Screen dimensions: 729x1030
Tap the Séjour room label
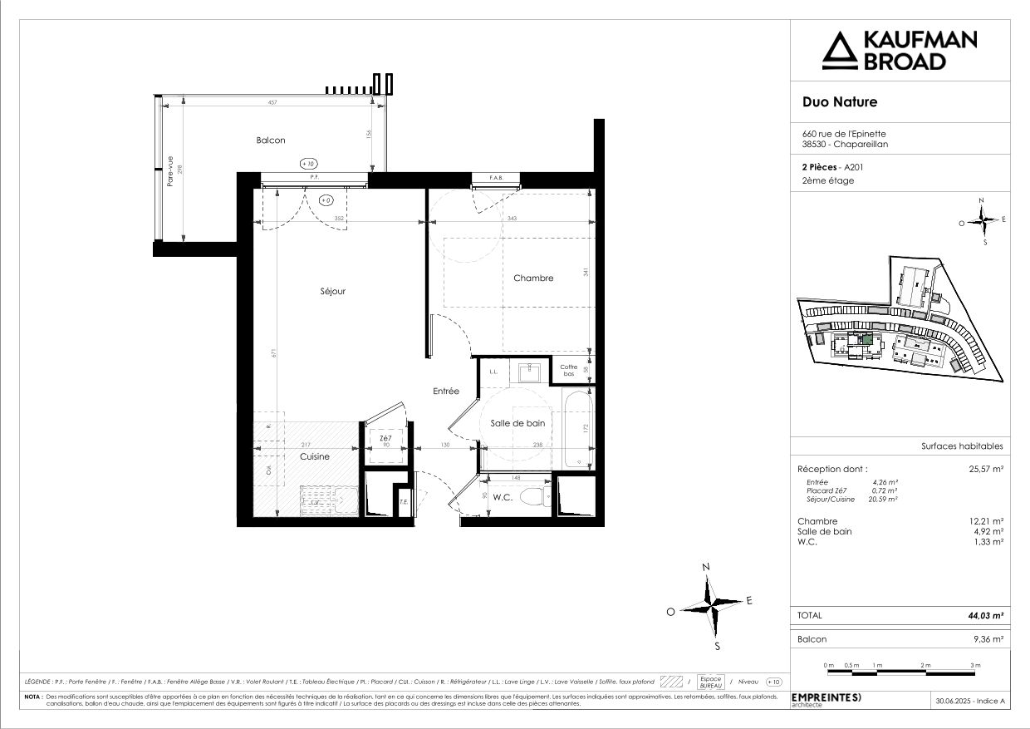coord(332,292)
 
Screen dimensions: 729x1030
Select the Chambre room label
coord(532,278)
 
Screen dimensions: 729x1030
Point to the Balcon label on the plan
coord(271,140)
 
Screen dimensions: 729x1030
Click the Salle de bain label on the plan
coord(517,423)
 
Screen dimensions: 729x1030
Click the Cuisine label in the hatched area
coord(315,456)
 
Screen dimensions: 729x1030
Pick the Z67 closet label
coord(385,438)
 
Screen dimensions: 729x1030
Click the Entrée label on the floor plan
coord(445,391)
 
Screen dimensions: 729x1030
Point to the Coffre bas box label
coord(568,371)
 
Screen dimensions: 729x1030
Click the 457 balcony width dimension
coord(271,102)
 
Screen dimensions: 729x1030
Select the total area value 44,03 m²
coord(987,615)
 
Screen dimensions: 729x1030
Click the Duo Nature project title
coord(839,103)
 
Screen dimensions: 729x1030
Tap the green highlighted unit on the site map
coord(866,337)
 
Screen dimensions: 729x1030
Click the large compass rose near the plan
coord(710,601)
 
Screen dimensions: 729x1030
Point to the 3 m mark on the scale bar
coord(975,666)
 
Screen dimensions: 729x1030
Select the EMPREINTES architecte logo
coord(826,697)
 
